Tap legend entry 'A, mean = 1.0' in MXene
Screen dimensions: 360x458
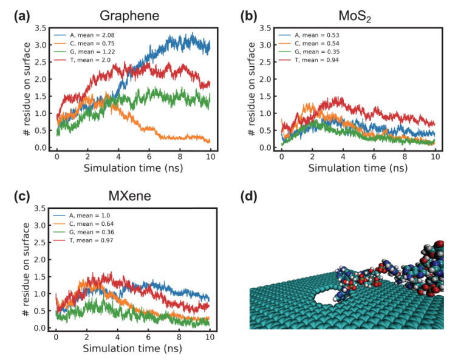coord(88,216)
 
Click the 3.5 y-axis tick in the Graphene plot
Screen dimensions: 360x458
coord(40,28)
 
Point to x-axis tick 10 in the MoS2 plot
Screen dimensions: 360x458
coord(435,157)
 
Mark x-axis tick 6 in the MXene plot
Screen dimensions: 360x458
coord(149,337)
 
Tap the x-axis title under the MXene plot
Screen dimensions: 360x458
coord(134,348)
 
